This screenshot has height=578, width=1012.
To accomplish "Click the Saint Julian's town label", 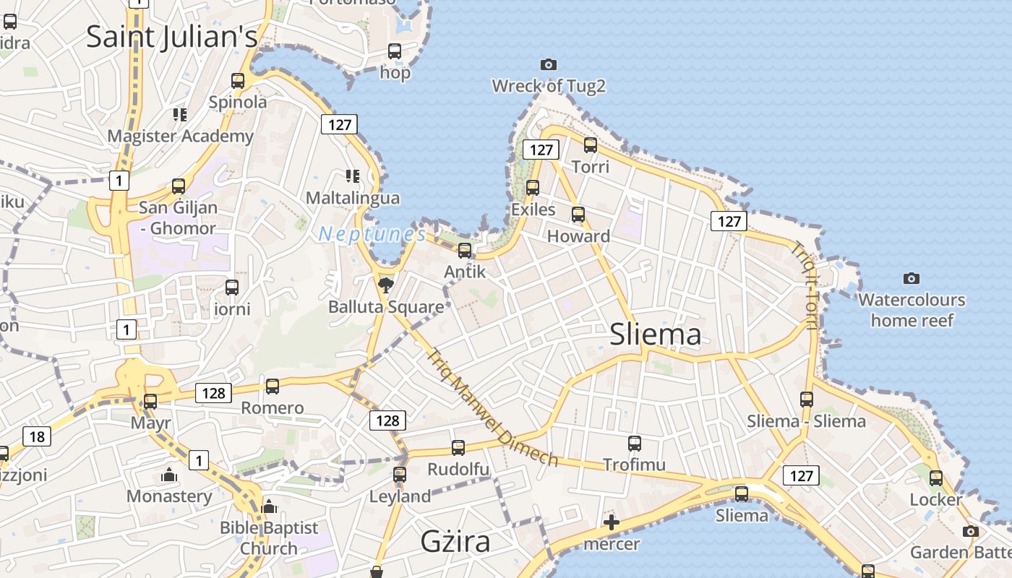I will pyautogui.click(x=171, y=36).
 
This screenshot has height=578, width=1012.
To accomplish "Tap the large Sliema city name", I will pyautogui.click(x=655, y=335).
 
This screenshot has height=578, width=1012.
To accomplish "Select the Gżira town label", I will pyautogui.click(x=455, y=541).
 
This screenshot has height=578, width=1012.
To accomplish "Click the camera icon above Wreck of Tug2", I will pyautogui.click(x=549, y=64).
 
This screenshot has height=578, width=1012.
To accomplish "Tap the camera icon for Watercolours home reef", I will pyautogui.click(x=912, y=278).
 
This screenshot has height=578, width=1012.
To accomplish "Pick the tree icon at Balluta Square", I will pyautogui.click(x=386, y=285).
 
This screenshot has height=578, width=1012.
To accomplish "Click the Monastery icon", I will pyautogui.click(x=169, y=475).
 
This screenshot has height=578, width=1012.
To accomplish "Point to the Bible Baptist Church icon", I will pyautogui.click(x=269, y=506).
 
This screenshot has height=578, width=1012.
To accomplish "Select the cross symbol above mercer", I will pyautogui.click(x=612, y=522).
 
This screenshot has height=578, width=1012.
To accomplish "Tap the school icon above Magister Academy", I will pyautogui.click(x=180, y=114).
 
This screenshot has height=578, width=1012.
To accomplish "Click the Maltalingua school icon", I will pyautogui.click(x=353, y=176).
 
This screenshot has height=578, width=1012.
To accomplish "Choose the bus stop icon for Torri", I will pyautogui.click(x=591, y=145).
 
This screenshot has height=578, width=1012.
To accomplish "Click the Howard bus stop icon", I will pyautogui.click(x=578, y=215).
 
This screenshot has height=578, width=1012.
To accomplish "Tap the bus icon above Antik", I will pyautogui.click(x=465, y=251).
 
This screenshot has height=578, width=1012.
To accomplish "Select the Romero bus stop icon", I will pyautogui.click(x=273, y=387).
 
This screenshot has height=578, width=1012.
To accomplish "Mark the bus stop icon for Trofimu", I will pyautogui.click(x=635, y=444).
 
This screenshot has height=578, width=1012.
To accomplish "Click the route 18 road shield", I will pyautogui.click(x=37, y=436).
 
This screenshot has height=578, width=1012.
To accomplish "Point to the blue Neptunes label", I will pyautogui.click(x=372, y=234).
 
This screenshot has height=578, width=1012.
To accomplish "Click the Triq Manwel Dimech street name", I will pyautogui.click(x=492, y=408).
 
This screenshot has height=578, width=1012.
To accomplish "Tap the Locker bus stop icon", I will pyautogui.click(x=936, y=478).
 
